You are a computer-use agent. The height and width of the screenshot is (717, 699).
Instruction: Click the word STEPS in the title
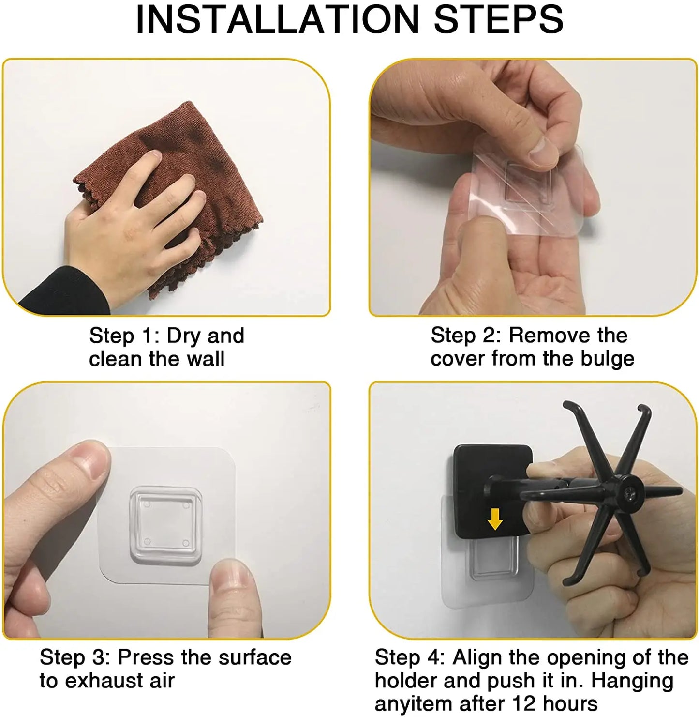(x=499, y=19)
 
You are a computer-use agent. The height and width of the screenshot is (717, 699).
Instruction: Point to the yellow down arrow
(x=495, y=519)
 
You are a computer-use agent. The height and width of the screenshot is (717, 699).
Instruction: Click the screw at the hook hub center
(x=630, y=491)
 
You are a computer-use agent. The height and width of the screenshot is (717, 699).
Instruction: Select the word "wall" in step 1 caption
(x=206, y=358)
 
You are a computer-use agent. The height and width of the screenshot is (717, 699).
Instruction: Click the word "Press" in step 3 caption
(x=146, y=657)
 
